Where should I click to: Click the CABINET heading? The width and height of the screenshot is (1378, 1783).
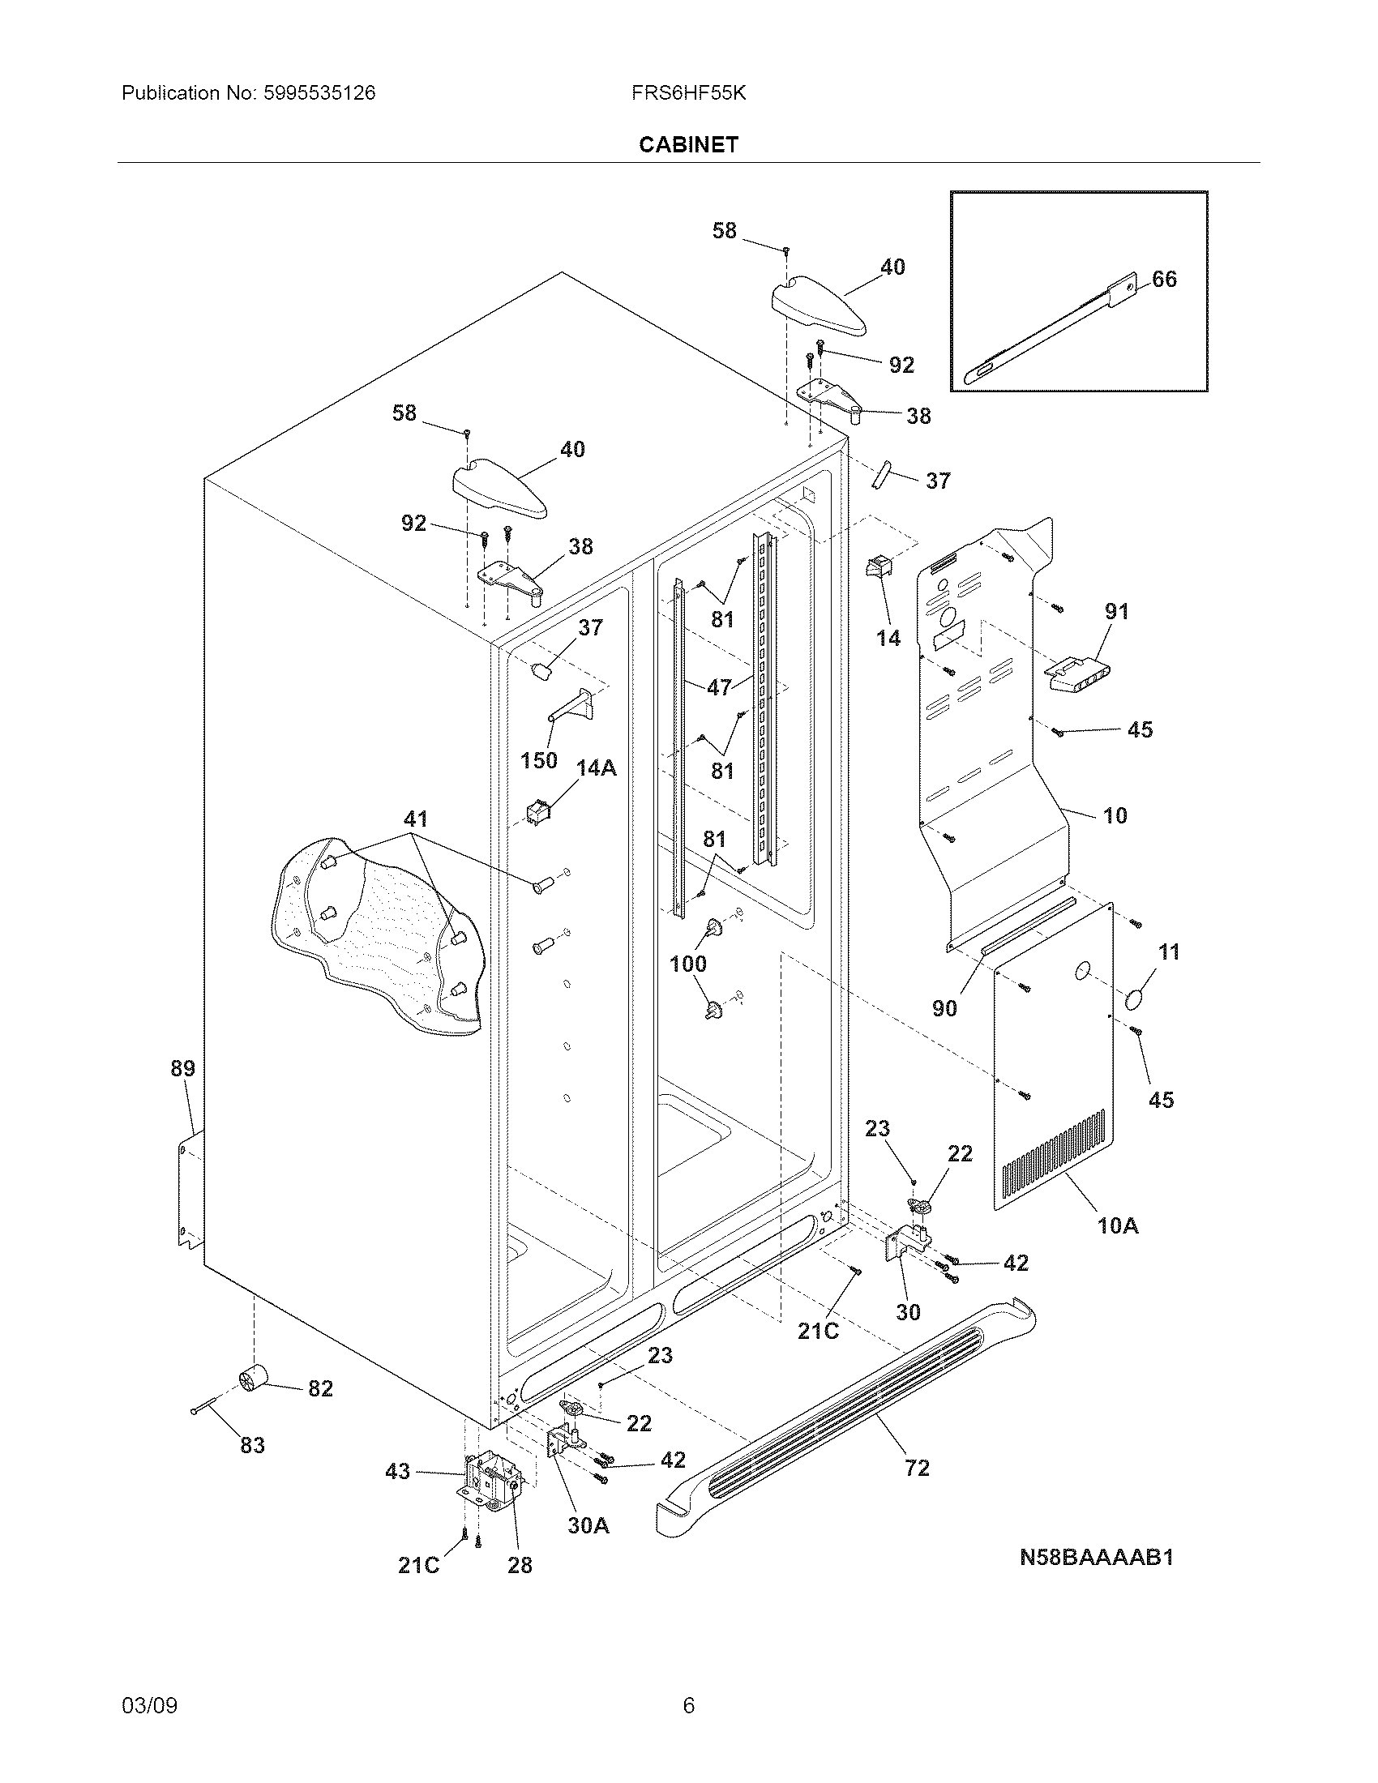point(688,144)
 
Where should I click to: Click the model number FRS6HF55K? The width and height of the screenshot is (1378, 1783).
point(688,93)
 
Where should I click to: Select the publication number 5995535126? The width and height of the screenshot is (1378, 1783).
point(319,93)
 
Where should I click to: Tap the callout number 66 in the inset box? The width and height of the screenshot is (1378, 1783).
point(1164,280)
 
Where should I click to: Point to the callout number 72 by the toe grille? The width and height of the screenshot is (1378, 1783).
point(917,1468)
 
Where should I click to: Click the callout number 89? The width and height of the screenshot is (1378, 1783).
point(182,1068)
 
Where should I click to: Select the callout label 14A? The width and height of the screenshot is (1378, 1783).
point(596,768)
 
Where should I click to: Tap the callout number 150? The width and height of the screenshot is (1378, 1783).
point(539,760)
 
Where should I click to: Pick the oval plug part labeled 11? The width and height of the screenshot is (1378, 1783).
point(1135,999)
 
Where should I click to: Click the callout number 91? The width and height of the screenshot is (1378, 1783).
point(1116,610)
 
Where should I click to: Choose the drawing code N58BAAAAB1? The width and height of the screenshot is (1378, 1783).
point(1097,1557)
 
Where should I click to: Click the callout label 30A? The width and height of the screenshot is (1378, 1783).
point(588,1525)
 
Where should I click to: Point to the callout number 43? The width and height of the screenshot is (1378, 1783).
point(397,1471)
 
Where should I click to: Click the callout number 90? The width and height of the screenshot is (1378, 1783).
point(944,1008)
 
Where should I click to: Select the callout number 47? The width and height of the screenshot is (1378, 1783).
point(719,687)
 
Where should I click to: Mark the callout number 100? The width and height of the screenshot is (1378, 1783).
point(687,964)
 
